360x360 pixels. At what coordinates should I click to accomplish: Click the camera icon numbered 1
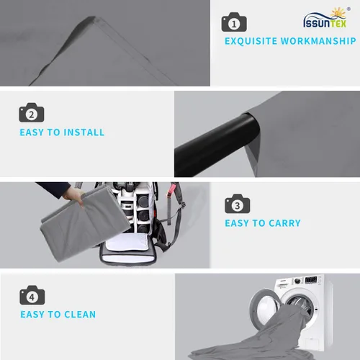[234, 22]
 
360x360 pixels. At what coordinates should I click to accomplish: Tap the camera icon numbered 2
[32, 112]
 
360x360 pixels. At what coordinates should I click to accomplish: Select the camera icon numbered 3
[238, 204]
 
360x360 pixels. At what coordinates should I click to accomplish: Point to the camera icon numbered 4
[32, 295]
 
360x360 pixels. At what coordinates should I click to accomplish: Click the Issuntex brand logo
[326, 17]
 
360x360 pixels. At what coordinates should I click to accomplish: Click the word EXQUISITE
[251, 41]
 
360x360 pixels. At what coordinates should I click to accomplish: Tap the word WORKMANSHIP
[318, 41]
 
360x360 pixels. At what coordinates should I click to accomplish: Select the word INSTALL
[84, 132]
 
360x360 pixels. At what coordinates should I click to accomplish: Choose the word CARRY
[284, 223]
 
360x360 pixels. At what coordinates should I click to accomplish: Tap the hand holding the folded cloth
[73, 196]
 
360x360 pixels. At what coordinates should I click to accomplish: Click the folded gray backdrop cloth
[84, 225]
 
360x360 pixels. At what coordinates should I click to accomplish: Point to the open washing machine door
[265, 307]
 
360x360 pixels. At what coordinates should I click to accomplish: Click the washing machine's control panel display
[311, 280]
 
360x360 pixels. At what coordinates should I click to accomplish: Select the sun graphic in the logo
[338, 13]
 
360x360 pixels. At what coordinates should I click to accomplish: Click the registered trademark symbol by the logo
[348, 9]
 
